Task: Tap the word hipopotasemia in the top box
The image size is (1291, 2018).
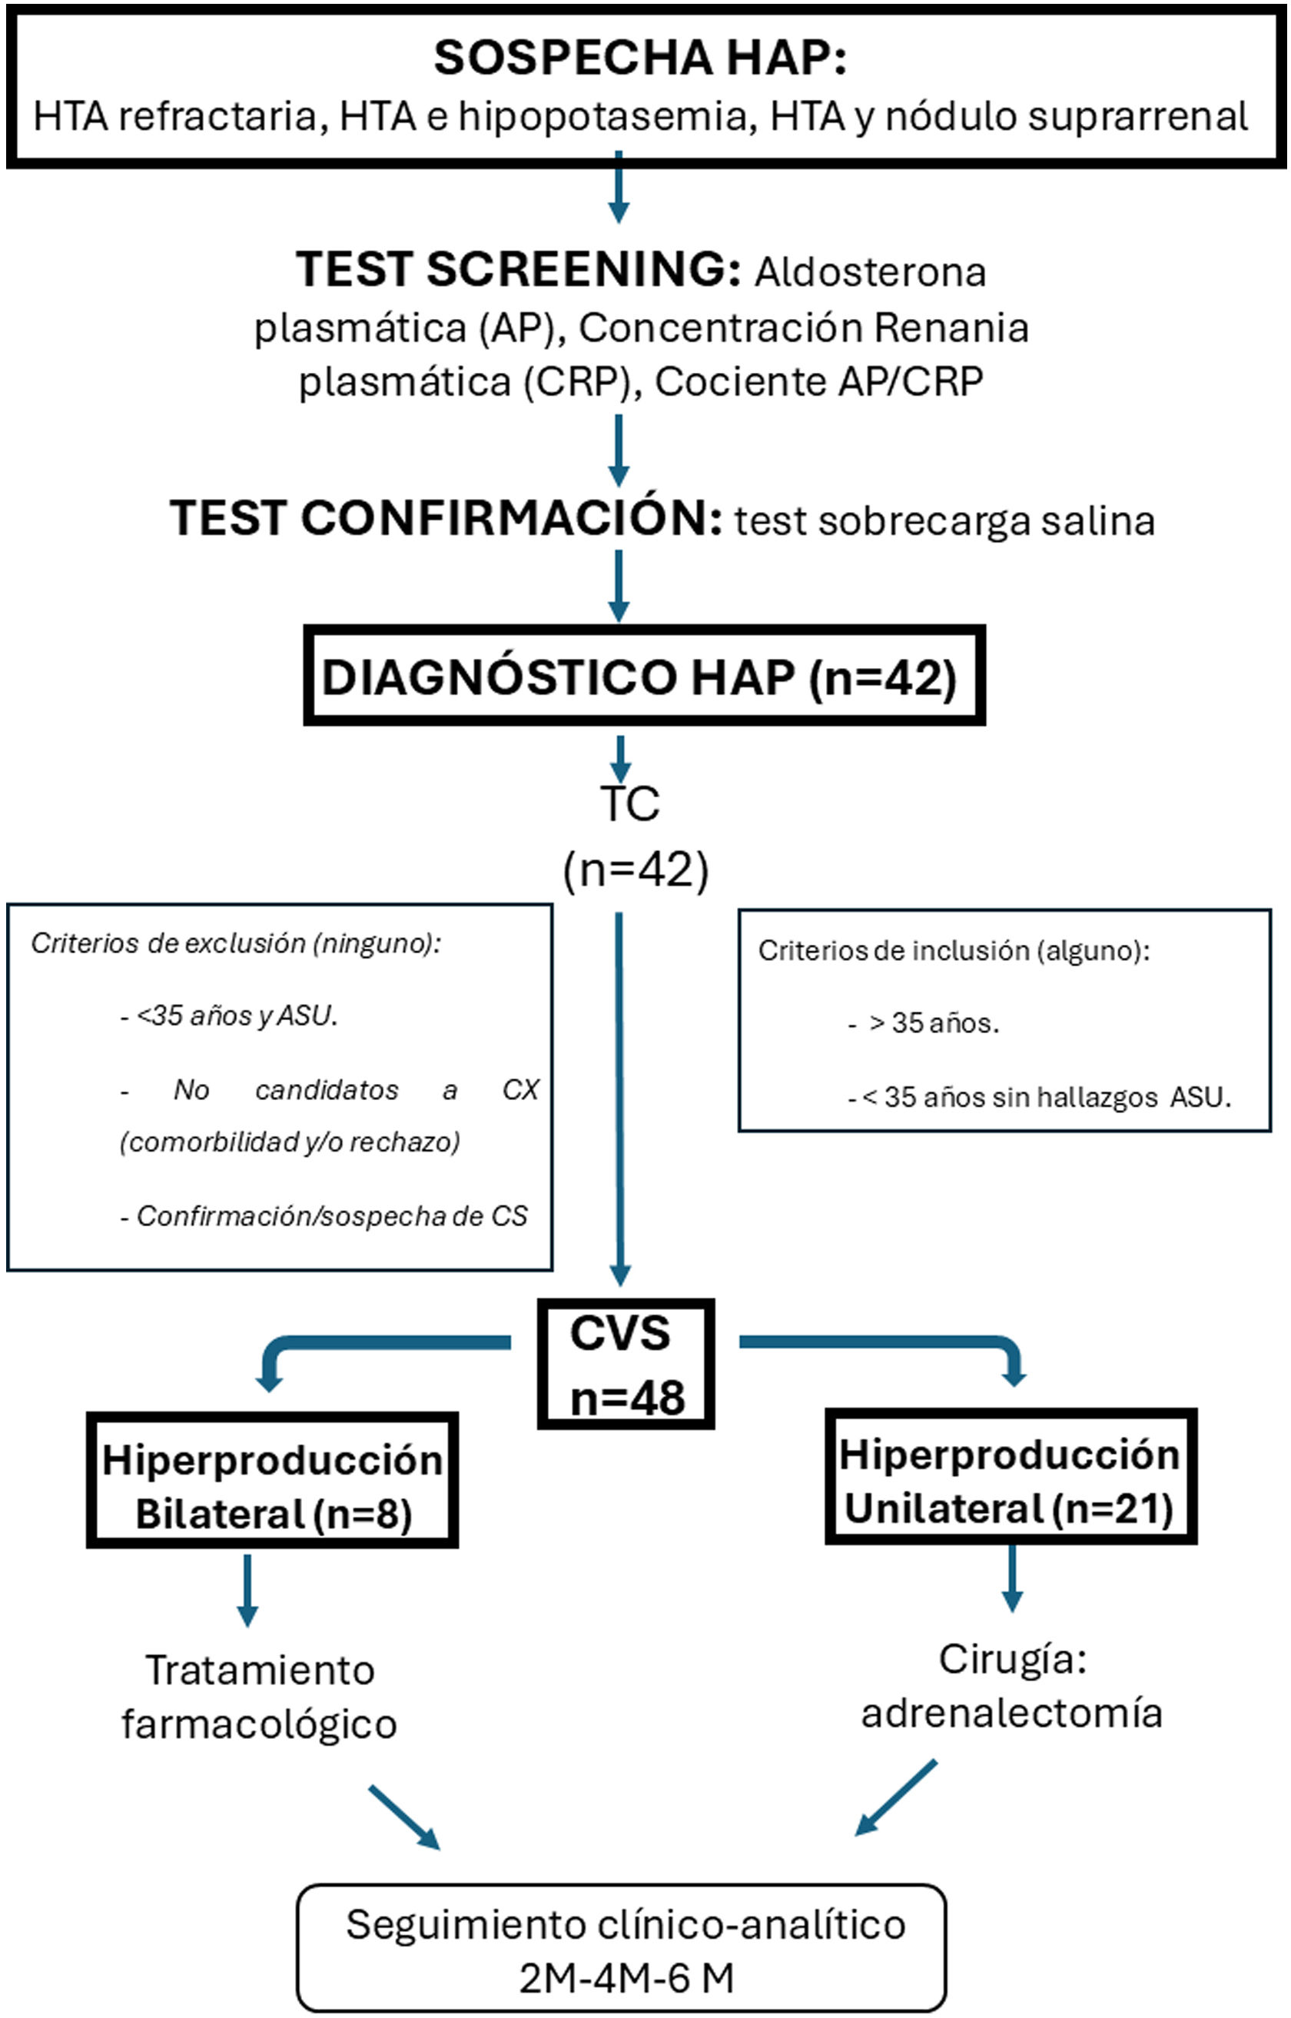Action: (x=602, y=117)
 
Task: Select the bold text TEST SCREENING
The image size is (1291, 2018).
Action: (x=518, y=270)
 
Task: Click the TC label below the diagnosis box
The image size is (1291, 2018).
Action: (x=629, y=803)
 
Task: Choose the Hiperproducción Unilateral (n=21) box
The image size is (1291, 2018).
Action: (x=1011, y=1481)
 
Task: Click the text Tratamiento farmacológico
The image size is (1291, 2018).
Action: (x=259, y=1697)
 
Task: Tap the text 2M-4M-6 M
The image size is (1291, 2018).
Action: (x=626, y=1979)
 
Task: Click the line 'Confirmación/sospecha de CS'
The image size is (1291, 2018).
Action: (x=331, y=1215)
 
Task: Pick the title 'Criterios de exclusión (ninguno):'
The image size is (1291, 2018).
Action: (x=236, y=943)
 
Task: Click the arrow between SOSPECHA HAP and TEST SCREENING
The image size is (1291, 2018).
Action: (x=619, y=188)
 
